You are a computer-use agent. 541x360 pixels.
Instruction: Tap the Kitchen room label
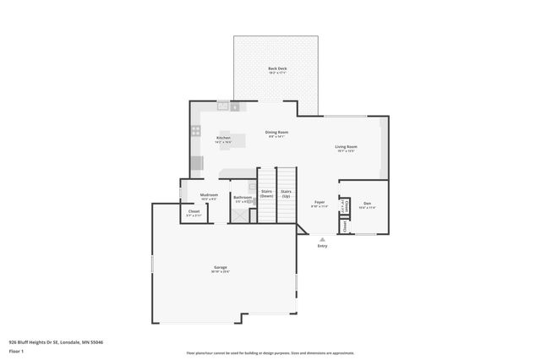pos(223,138)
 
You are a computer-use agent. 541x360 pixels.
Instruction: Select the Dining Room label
pos(277,133)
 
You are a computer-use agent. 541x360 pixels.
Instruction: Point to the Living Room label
pos(346,147)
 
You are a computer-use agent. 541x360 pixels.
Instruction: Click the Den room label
pos(367,204)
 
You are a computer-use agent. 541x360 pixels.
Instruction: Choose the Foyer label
pos(320,203)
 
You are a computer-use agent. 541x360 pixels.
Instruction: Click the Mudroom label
pos(209,195)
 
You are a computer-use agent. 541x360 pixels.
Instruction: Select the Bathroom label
pos(243,198)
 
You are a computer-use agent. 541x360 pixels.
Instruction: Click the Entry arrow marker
pos(321,239)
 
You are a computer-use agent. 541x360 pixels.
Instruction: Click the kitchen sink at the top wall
pos(224,106)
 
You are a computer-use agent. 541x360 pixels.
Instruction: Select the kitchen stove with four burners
pos(195,131)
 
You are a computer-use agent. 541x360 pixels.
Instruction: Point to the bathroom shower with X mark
pos(240,214)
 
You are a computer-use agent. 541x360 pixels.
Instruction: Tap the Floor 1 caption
pos(16,351)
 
